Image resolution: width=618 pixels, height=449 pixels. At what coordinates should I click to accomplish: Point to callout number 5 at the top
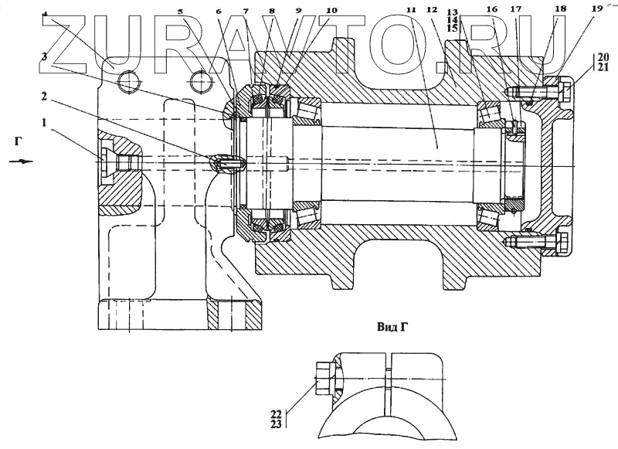point(181,12)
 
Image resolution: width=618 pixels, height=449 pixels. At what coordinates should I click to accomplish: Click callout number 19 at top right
point(596,9)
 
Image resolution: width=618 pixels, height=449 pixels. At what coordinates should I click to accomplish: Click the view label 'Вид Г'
point(392,327)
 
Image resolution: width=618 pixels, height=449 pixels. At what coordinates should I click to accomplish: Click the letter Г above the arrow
point(18,141)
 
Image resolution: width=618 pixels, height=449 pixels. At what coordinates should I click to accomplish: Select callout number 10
point(331,12)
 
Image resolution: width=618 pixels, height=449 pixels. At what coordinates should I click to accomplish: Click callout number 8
point(271,12)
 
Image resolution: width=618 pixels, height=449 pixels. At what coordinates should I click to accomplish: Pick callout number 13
point(453,12)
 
